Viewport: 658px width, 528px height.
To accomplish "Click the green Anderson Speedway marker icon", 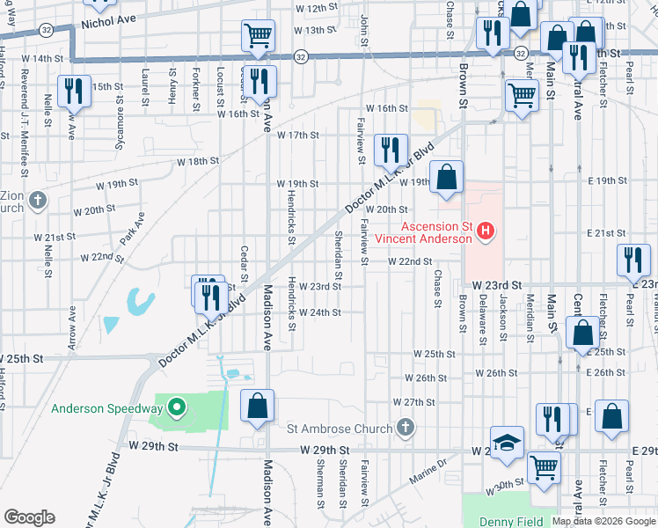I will coord(176,407).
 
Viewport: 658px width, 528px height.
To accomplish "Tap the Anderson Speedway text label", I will coord(106,408).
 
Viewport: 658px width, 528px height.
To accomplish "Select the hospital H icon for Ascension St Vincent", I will coord(486,232).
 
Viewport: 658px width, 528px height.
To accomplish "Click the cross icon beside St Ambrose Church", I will coord(405,429).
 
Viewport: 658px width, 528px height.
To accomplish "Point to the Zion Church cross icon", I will coord(36,201).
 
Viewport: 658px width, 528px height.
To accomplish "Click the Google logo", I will coord(29,517).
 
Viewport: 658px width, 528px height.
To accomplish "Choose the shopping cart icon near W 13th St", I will coord(258,36).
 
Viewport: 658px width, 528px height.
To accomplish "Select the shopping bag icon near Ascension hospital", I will coord(447,176).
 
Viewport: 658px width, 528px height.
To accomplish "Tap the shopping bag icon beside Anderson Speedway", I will coord(257,407).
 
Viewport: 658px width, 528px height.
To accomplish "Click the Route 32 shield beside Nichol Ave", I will coord(45,29).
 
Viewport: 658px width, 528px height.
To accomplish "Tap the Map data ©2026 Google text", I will coord(603,521).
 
